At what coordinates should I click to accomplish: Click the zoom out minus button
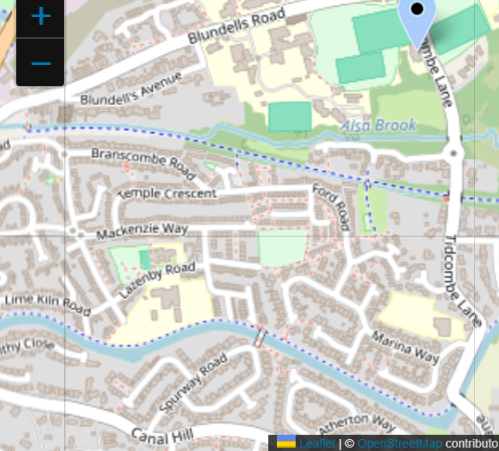40,63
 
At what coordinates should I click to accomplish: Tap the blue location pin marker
416,21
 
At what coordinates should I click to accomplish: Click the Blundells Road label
236,27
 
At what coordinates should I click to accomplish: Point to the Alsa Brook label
379,126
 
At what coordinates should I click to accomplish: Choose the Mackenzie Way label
142,231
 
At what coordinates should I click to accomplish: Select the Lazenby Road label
156,279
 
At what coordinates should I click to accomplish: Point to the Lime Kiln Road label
47,303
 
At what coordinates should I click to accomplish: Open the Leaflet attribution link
317,443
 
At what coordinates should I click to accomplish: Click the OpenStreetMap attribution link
399,443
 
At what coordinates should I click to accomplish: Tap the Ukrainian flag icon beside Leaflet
286,442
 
